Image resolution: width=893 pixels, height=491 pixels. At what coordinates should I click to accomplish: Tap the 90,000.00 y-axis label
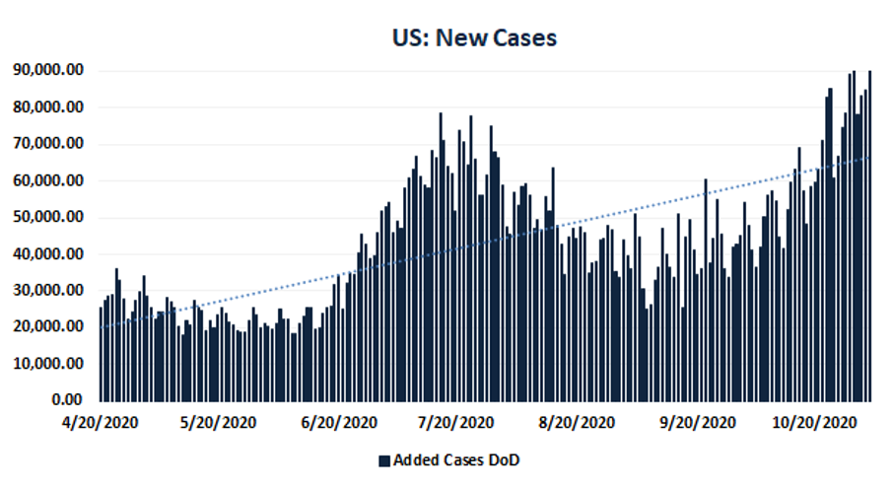point(47,70)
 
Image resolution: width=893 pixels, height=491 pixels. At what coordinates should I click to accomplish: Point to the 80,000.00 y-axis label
point(47,106)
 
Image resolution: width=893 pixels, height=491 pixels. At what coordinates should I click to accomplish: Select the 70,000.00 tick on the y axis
point(47,144)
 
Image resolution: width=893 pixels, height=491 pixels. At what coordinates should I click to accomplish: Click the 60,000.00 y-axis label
point(47,180)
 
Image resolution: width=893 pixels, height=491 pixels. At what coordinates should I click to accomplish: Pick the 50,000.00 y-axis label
point(47,217)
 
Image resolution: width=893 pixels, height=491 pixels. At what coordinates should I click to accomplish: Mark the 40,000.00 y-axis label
point(47,253)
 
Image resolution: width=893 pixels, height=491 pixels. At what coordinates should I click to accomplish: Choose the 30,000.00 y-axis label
point(47,290)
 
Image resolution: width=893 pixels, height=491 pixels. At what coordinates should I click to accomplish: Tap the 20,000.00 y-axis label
point(47,326)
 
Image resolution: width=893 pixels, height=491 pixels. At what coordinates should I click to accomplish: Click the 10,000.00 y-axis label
point(47,364)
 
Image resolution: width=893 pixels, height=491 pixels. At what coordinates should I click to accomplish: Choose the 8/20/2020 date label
point(577,422)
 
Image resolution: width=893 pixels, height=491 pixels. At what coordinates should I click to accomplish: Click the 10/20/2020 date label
point(811,422)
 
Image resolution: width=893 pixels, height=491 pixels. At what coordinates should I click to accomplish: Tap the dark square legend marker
point(384,460)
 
